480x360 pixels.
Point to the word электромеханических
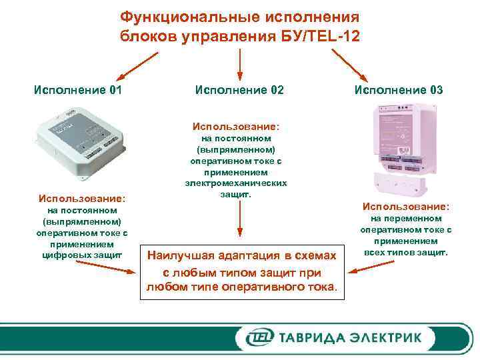coord(237,183)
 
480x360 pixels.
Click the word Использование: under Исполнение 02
coord(236,125)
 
